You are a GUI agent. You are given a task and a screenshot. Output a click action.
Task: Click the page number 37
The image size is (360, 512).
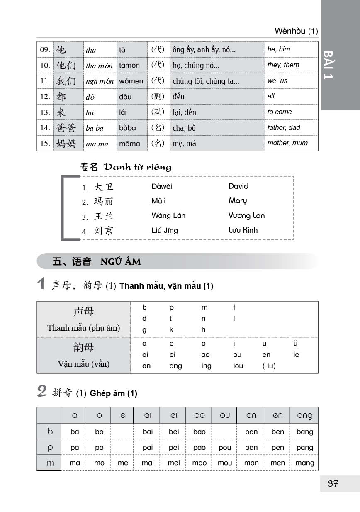(333, 483)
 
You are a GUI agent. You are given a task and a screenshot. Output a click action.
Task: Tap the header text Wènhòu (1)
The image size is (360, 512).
(296, 31)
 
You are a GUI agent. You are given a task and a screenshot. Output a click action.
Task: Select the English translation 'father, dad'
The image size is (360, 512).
(284, 128)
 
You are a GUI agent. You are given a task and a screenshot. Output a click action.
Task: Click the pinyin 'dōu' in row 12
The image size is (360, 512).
(125, 97)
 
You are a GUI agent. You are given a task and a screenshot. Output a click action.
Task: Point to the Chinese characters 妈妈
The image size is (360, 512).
(66, 144)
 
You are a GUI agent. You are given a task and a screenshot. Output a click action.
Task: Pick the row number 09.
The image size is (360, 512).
(45, 50)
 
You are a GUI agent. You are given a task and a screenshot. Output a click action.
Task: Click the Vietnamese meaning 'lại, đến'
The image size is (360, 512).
(185, 112)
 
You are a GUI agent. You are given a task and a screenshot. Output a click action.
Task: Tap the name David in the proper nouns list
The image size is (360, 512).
(238, 186)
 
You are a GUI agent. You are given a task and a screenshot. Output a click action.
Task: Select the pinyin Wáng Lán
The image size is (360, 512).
(168, 215)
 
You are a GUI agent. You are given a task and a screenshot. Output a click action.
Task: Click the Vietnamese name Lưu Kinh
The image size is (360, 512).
(243, 230)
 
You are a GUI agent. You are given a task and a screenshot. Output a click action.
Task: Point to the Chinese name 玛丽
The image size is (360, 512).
(104, 202)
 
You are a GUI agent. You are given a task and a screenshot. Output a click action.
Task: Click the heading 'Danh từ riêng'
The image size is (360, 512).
(138, 167)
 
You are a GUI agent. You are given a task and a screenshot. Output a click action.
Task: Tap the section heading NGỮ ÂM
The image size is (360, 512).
(120, 262)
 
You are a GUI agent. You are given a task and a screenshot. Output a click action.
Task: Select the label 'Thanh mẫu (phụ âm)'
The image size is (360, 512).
(84, 328)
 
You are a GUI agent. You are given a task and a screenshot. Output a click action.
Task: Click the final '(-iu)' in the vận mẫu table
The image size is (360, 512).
(269, 366)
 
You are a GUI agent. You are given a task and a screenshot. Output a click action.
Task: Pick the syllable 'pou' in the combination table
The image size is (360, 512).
(225, 448)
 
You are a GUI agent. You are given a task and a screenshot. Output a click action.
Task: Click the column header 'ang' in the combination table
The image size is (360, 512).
(305, 416)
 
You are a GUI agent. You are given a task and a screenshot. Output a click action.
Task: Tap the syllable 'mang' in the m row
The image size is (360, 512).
(305, 463)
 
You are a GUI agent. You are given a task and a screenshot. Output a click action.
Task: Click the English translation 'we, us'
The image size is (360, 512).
(277, 81)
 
